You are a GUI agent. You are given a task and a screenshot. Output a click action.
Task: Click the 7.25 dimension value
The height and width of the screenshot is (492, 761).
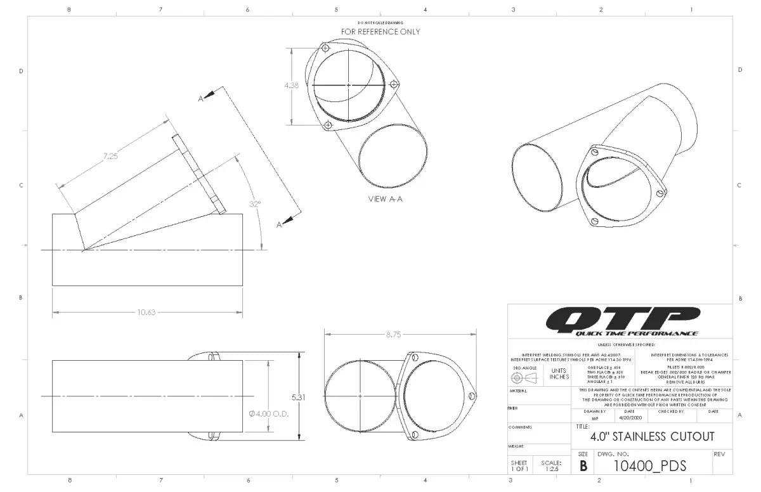[110, 156]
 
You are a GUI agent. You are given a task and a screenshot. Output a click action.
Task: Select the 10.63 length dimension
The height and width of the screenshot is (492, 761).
[146, 312]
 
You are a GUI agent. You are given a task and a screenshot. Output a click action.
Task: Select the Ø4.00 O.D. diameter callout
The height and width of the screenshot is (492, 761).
[270, 413]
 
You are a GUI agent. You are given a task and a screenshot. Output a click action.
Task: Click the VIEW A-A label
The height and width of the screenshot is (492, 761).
[386, 198]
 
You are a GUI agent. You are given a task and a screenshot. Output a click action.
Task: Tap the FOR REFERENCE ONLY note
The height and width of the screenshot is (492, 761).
[380, 32]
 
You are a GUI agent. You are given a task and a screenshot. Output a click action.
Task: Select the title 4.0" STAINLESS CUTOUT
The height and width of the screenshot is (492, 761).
[652, 436]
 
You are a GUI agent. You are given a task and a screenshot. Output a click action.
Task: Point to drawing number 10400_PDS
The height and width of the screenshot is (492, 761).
[650, 466]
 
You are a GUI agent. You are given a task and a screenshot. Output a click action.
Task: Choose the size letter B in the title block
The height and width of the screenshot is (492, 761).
[583, 466]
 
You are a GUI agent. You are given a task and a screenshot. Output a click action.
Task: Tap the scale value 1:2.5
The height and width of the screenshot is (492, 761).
[551, 470]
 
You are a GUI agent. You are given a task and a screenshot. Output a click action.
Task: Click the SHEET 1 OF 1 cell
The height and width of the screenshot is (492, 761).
[519, 467]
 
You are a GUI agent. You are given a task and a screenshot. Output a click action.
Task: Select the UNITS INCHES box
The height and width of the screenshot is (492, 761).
[559, 374]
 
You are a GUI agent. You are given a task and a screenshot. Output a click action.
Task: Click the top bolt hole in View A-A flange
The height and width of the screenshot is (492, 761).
[325, 48]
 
